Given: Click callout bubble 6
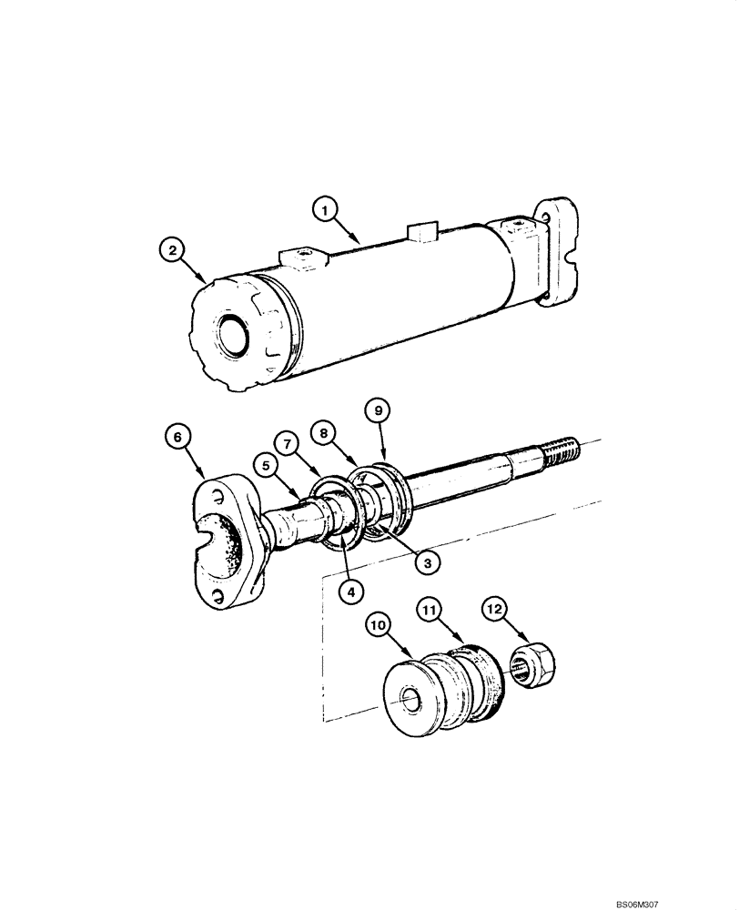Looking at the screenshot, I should [x=178, y=438].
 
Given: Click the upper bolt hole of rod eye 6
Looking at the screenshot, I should [x=218, y=495].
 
